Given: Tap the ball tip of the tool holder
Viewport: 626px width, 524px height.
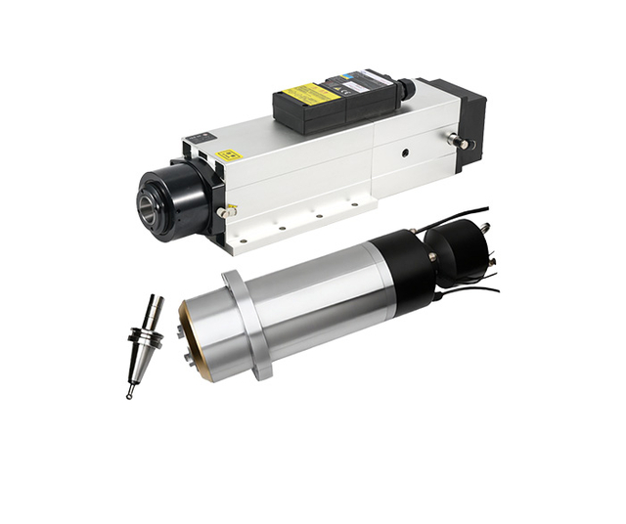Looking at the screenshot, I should [x=130, y=394].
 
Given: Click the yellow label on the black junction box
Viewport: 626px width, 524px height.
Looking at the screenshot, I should [x=311, y=94].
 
